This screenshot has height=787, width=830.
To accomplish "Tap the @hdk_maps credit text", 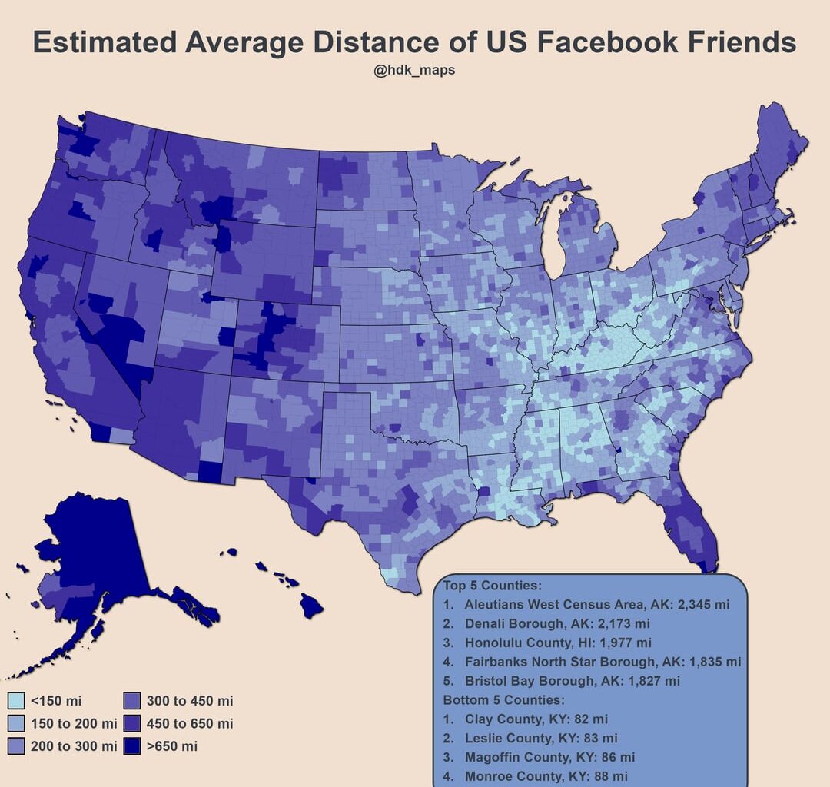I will click(x=414, y=71).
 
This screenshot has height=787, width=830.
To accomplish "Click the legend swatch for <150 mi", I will click(x=15, y=700).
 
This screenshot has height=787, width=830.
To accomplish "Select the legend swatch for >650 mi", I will click(x=131, y=745).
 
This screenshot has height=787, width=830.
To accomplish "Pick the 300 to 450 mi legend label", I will click(x=189, y=700).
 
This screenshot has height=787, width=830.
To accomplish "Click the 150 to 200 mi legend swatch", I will click(x=15, y=723).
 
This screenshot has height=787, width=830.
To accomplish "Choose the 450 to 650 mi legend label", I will click(x=189, y=723).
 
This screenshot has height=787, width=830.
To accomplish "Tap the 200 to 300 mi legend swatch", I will click(x=15, y=745).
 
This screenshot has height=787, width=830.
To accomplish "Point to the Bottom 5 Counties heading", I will click(x=503, y=700).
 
